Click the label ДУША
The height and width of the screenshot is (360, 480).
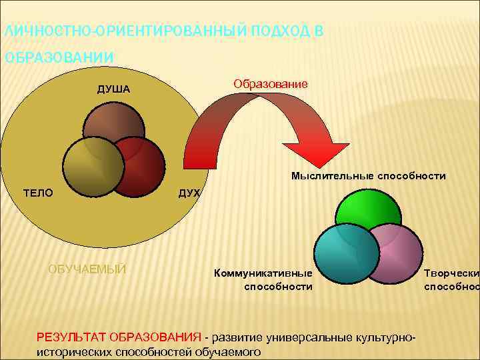[112, 89]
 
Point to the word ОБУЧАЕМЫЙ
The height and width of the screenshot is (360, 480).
[87, 269]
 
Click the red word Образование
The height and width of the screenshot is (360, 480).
[270, 84]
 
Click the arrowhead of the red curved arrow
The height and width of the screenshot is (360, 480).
[315, 155]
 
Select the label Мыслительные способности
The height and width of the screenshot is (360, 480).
[368, 176]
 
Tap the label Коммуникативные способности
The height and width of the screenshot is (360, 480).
[263, 279]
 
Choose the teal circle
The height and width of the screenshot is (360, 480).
[340, 253]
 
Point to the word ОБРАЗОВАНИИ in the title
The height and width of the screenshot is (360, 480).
[59, 57]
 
